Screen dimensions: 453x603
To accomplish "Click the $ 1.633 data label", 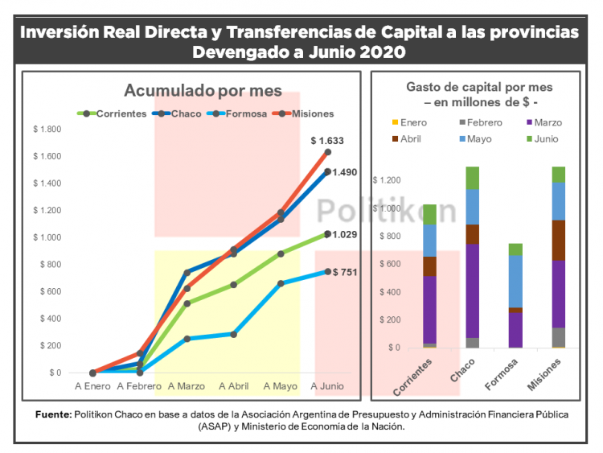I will (x=327, y=141).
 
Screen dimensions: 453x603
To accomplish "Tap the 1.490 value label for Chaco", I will (x=344, y=172).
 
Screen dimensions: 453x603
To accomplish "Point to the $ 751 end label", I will (x=344, y=272).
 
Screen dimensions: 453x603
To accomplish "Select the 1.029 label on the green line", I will (x=344, y=235).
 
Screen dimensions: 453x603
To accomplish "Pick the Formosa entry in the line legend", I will (x=245, y=113).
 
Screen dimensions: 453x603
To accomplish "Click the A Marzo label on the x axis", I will (x=187, y=386).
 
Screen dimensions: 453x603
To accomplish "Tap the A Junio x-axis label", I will (x=327, y=386).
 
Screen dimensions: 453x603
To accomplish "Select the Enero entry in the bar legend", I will (x=413, y=122).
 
